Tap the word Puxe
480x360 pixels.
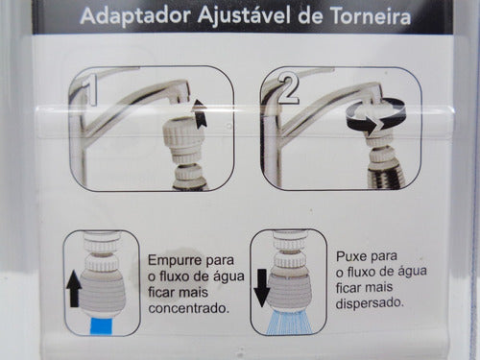[x=355, y=256]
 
